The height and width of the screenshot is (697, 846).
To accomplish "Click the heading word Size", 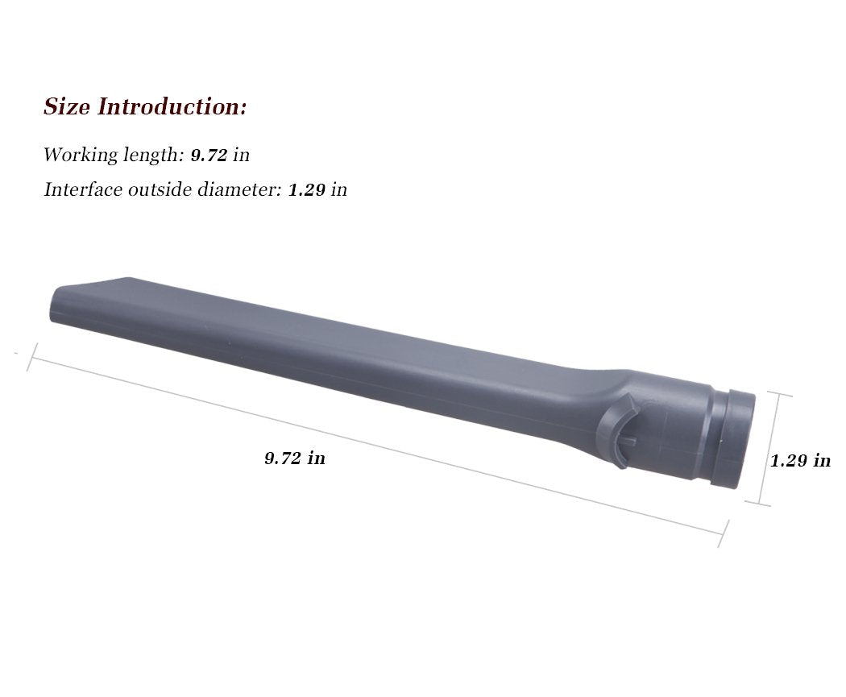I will tap(67, 107).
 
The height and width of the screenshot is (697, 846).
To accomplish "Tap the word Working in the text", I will tap(75, 155).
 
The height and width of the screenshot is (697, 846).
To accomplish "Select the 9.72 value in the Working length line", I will tap(209, 155).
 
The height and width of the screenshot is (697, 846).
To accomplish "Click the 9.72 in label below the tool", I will tap(295, 458).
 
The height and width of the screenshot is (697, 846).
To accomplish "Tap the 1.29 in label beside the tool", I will tap(799, 461).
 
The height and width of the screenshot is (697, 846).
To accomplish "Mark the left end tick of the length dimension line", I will tap(33, 357).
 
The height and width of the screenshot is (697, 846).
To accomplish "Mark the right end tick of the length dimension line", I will tap(724, 533).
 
